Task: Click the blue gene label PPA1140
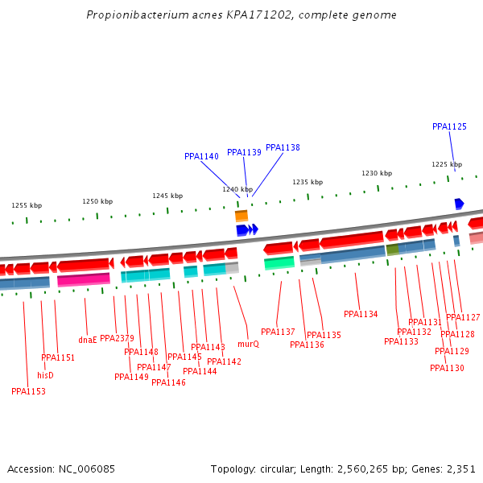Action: click(201, 156)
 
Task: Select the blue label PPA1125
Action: click(449, 126)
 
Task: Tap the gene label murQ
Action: click(249, 344)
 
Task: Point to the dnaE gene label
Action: click(88, 340)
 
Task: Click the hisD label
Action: click(45, 375)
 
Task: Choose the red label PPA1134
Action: click(361, 314)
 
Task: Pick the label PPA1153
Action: click(28, 391)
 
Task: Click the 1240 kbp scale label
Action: click(237, 189)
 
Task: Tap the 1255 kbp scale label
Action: click(27, 205)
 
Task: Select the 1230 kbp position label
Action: click(377, 173)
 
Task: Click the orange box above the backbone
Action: click(242, 216)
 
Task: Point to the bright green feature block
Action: click(279, 262)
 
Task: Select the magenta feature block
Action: click(84, 279)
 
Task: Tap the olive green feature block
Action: click(393, 250)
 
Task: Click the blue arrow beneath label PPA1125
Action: click(459, 204)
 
